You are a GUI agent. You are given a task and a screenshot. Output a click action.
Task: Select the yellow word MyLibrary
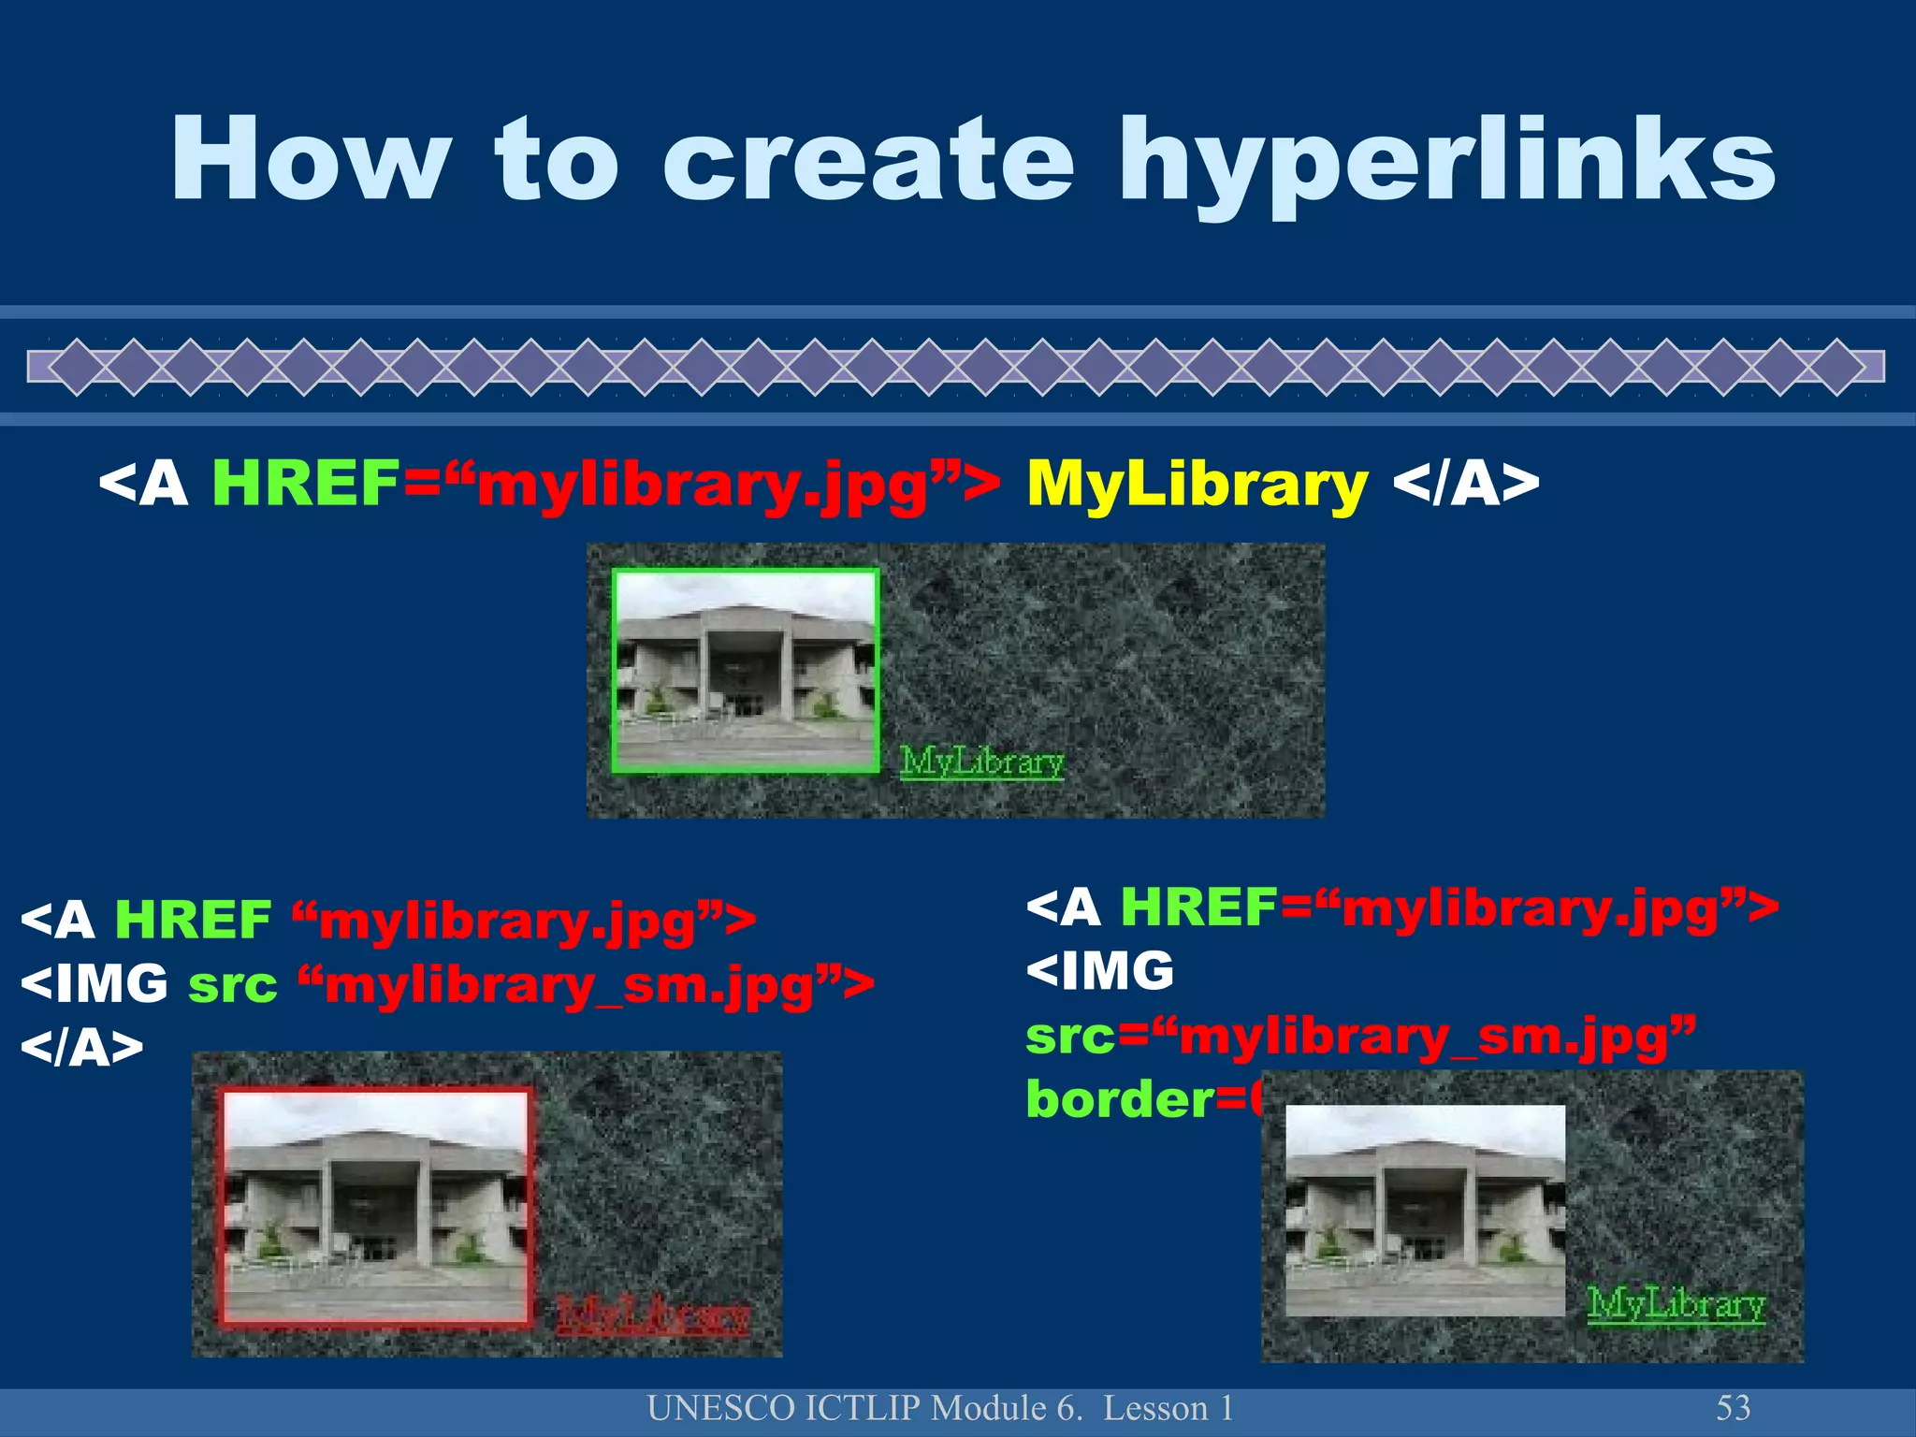tap(1197, 485)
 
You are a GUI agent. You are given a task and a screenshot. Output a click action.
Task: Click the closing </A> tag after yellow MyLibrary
tap(1465, 485)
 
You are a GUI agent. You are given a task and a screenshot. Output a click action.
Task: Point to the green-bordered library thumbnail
tap(746, 671)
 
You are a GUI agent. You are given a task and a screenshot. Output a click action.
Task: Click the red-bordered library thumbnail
tap(375, 1207)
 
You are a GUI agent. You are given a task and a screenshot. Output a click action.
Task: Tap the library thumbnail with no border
tap(1424, 1210)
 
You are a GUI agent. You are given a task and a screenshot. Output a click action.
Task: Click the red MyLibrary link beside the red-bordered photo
tap(653, 1315)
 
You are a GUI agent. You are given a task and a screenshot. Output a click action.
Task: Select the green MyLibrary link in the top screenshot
tap(981, 762)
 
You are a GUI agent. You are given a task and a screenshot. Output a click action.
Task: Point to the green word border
tap(1119, 1099)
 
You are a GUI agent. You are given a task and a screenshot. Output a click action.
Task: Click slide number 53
tap(1733, 1408)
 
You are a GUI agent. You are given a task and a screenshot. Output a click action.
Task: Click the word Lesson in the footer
tap(1155, 1408)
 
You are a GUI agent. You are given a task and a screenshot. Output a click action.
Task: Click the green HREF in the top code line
tap(306, 485)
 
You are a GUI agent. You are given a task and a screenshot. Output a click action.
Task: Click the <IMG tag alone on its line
tap(1099, 971)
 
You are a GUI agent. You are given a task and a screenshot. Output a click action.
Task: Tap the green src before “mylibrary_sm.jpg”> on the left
tap(232, 985)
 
